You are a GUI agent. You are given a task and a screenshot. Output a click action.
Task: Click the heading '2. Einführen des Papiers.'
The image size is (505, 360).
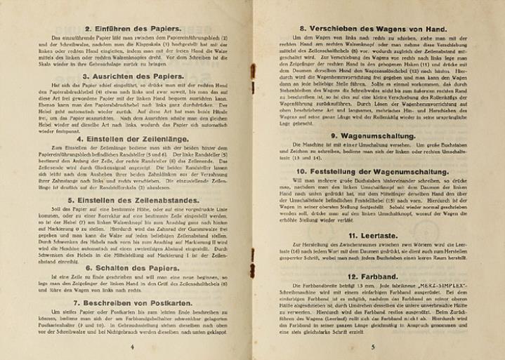133,28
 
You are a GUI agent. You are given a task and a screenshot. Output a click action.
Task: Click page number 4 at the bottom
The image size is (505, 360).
132,346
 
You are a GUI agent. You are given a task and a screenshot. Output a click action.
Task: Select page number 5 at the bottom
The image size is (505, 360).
373,346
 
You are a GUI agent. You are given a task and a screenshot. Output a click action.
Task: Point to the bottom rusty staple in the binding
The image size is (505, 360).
253,281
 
